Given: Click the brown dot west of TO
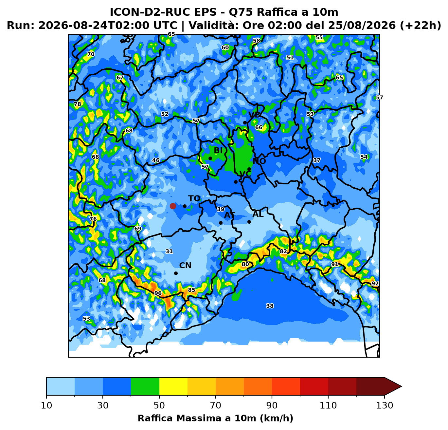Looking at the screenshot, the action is (x=173, y=206).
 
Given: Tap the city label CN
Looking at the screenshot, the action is (x=185, y=266).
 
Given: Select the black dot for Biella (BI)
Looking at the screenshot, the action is (x=210, y=158).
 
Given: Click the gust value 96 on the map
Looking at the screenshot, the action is (x=158, y=293).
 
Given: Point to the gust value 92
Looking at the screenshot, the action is (x=375, y=283).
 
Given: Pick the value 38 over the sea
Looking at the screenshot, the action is (x=270, y=306).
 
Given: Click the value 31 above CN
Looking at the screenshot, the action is (x=169, y=251).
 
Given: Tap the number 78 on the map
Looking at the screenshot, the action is (x=78, y=104).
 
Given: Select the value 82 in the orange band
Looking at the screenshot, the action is (x=283, y=251).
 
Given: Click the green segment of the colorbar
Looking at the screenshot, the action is (x=145, y=386).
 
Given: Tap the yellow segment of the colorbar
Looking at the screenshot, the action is (x=173, y=386).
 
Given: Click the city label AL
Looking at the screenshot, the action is (x=258, y=214).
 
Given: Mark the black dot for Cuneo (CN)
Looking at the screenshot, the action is (x=176, y=273).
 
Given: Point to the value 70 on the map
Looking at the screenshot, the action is (x=91, y=54).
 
